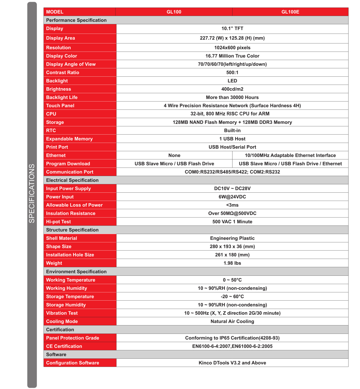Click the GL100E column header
(x=290, y=12)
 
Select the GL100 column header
(x=174, y=12)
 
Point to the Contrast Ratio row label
(x=63, y=73)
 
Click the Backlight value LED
(x=232, y=81)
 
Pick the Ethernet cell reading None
(x=174, y=155)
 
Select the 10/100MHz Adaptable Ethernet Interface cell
(x=290, y=155)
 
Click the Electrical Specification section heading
(x=72, y=180)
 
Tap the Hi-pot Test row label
(x=58, y=222)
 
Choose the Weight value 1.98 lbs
(x=232, y=263)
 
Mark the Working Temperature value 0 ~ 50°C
(x=232, y=280)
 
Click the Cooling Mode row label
(x=62, y=321)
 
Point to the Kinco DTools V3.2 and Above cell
(x=232, y=363)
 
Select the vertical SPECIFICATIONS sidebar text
(x=32, y=193)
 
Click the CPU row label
(x=51, y=114)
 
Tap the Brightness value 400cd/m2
(x=232, y=89)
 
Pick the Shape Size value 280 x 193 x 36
(x=232, y=246)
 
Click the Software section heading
(x=56, y=355)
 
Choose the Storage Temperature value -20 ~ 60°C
(x=232, y=296)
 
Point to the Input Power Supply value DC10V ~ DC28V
(x=232, y=189)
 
